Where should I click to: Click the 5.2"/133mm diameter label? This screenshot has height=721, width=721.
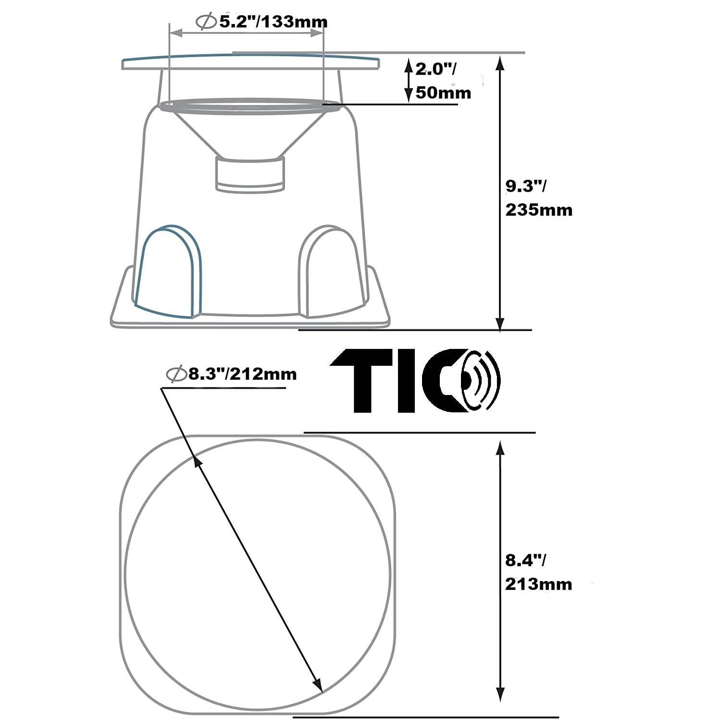point(262,22)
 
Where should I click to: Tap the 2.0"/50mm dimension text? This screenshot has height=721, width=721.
point(442,80)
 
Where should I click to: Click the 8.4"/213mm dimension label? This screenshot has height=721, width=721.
point(538,572)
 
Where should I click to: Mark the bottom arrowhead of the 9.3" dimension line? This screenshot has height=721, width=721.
point(500,323)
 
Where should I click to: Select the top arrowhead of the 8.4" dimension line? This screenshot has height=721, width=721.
point(500,448)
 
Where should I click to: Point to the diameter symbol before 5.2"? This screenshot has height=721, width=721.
point(207,22)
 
